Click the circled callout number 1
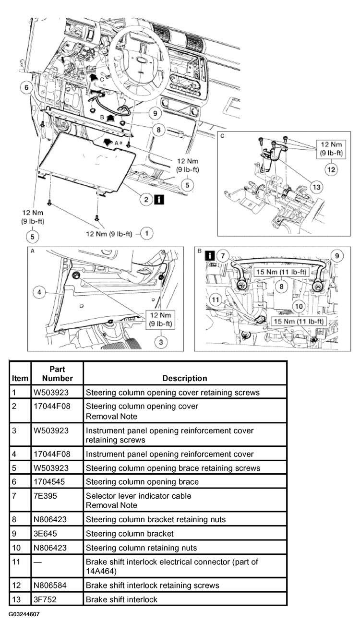click(x=147, y=233)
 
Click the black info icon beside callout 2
click(x=158, y=199)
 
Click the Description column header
click(x=185, y=378)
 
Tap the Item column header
click(x=20, y=378)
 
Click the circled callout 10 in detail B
click(x=298, y=305)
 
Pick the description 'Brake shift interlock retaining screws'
click(x=152, y=585)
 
